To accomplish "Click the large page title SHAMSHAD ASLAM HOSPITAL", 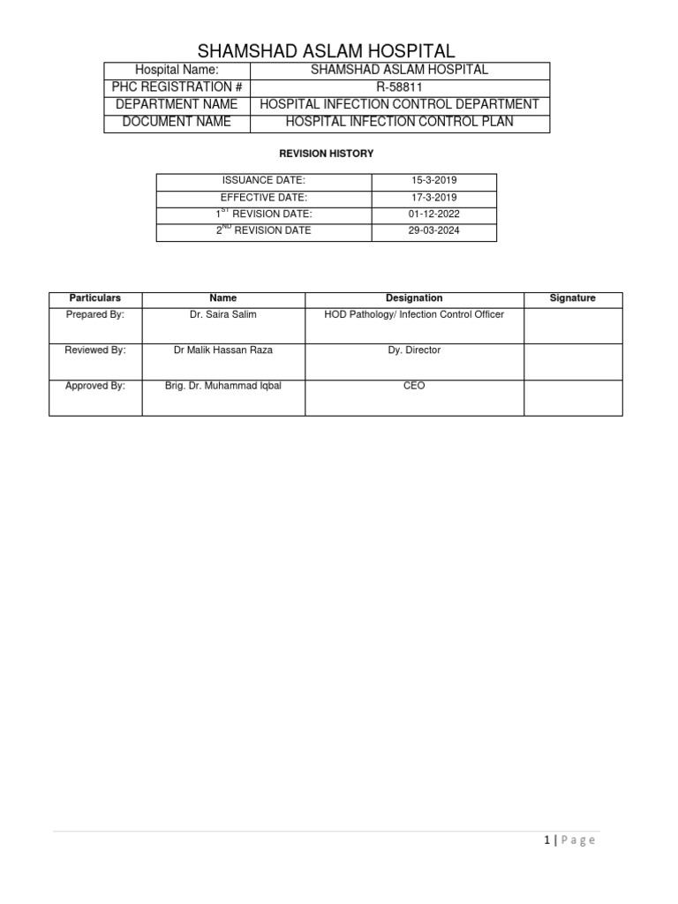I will click(326, 50).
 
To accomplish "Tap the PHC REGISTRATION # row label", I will click(177, 87).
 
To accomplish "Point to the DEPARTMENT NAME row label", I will click(177, 104).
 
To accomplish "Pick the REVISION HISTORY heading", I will click(326, 154).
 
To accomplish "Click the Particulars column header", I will click(94, 298).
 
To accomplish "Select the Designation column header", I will click(414, 298).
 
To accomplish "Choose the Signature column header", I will click(572, 298).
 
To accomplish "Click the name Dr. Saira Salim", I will click(222, 315).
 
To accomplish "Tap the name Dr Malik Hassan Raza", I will click(222, 350).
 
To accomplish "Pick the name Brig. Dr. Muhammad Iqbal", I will click(222, 386).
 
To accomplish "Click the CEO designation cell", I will click(414, 386).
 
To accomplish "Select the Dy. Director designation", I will click(414, 350).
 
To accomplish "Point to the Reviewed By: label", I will click(95, 350).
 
